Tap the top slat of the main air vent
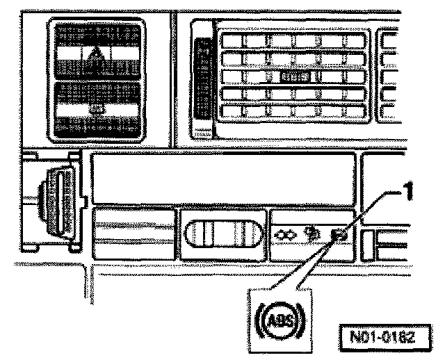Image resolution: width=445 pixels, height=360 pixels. (x=296, y=41)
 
